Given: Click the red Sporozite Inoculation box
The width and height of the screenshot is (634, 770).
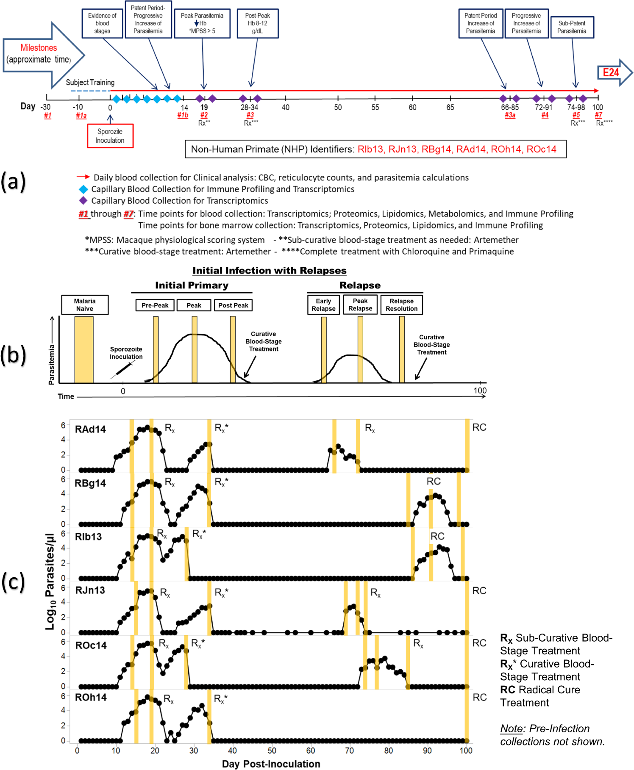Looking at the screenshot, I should [110, 136].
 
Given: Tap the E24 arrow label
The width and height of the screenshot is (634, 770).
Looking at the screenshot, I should [611, 72].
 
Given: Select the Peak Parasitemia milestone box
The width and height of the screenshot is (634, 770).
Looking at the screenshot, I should [202, 23].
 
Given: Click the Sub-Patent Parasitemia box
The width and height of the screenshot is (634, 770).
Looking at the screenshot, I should [572, 27].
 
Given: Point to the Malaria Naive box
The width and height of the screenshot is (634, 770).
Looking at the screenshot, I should [85, 305].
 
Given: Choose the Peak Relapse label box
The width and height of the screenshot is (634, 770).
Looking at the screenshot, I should [360, 305].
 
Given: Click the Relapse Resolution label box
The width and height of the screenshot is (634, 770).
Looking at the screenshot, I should [401, 305].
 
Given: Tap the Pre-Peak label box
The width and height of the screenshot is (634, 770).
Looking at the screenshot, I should [155, 305].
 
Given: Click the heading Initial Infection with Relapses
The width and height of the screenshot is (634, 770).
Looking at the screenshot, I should [269, 270].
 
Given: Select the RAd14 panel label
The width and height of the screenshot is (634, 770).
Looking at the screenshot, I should [90, 429].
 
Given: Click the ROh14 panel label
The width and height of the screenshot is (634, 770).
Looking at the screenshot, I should [91, 697].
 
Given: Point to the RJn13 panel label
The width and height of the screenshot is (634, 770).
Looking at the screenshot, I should [90, 590].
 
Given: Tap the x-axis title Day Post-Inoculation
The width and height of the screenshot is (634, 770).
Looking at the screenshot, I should [271, 764].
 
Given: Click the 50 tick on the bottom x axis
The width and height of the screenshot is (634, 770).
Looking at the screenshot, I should [272, 751].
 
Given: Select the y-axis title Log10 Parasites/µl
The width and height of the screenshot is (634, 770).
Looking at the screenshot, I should [50, 581].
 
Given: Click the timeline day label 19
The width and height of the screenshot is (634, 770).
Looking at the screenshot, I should [204, 108].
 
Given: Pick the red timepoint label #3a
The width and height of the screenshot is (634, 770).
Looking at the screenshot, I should [510, 115].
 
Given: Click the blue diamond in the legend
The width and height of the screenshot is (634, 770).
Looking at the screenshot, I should [83, 189].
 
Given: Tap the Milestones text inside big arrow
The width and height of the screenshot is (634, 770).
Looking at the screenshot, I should [39, 47].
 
